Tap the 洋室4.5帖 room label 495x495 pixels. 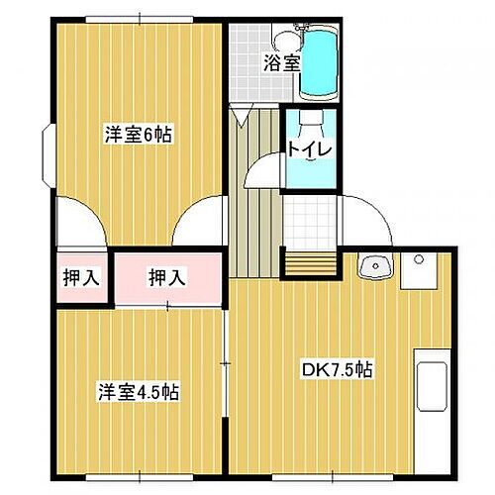click(x=139, y=391)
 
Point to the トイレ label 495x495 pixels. click(x=310, y=149)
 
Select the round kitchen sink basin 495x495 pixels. click(x=374, y=268)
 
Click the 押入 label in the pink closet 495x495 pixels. click(x=166, y=277)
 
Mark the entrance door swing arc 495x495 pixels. click(x=366, y=218)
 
